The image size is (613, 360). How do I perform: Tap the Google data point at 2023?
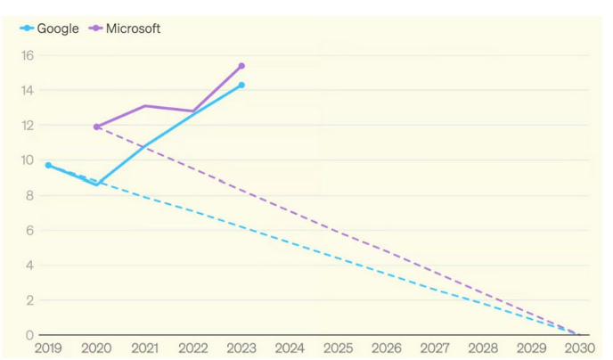(241, 85)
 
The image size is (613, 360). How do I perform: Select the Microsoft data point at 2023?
(241, 66)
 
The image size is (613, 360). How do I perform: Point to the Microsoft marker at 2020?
(97, 127)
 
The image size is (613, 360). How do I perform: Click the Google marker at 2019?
(48, 165)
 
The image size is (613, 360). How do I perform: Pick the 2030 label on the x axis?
(579, 348)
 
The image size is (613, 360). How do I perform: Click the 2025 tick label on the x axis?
(338, 348)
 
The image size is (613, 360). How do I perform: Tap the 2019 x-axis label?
(48, 348)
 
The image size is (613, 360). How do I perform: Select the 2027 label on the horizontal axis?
(435, 348)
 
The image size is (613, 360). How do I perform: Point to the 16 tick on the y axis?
(27, 55)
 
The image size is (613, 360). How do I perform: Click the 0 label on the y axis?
(30, 335)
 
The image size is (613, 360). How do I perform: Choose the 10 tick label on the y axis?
(27, 160)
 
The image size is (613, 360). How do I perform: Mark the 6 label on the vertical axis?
(30, 230)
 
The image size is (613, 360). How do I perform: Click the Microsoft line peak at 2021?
(145, 106)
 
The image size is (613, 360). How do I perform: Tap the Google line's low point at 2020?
(97, 184)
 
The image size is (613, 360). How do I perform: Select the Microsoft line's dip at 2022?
(193, 111)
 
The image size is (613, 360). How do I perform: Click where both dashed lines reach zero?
(579, 335)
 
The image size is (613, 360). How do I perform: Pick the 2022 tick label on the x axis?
(193, 348)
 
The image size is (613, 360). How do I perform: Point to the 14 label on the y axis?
(27, 90)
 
